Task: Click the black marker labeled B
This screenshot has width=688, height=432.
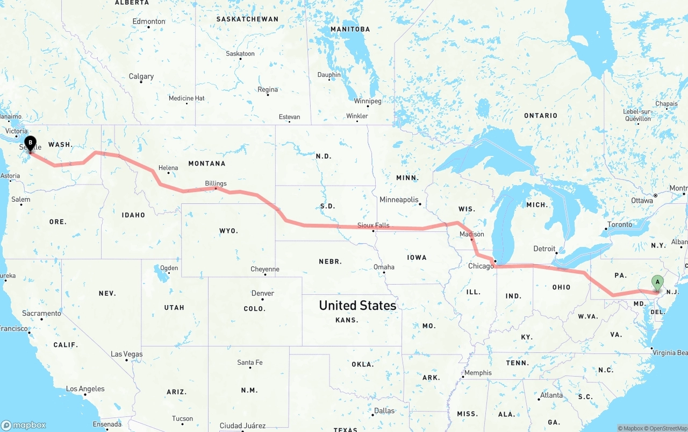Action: click(31, 144)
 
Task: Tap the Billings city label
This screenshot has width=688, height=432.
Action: click(216, 183)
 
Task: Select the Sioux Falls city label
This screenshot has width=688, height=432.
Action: click(373, 225)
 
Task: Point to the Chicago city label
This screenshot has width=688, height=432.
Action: click(481, 266)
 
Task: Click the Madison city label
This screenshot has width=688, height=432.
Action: click(471, 234)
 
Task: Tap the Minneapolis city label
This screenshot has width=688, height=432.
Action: click(398, 200)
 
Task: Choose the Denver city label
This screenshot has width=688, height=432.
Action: click(262, 293)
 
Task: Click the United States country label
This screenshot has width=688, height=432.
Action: click(357, 306)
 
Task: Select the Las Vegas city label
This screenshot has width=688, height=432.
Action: click(126, 354)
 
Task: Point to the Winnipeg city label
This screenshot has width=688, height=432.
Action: click(368, 101)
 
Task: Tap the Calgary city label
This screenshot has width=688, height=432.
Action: click(141, 76)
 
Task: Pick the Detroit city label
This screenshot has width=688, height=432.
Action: click(544, 249)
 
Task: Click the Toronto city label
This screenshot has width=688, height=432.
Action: click(619, 224)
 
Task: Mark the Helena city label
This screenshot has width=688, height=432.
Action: click(168, 168)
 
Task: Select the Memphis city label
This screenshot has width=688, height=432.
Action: click(477, 373)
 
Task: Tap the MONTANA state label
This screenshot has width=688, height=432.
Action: click(206, 164)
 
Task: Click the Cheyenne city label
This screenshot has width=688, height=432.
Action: click(264, 269)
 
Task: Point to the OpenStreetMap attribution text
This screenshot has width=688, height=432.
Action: click(667, 428)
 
